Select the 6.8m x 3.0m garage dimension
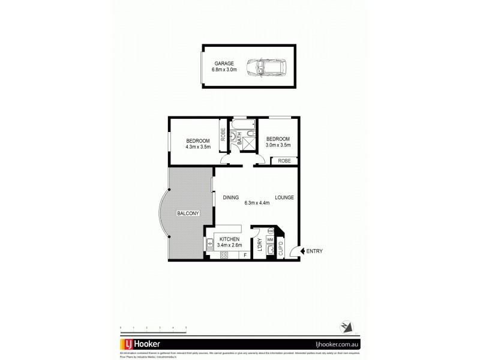[x=224, y=70]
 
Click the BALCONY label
[x=187, y=213]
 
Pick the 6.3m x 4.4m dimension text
[x=257, y=203]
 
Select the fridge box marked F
[x=245, y=255]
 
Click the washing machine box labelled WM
[x=270, y=239]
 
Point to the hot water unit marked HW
[x=271, y=231]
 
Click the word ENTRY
[x=314, y=251]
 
